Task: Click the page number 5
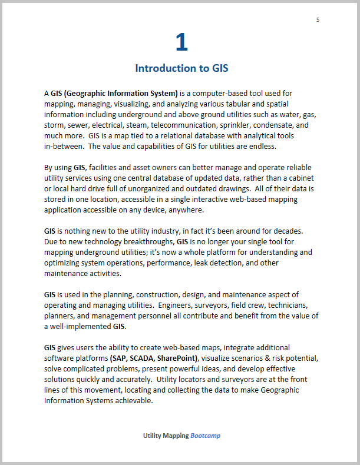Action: [318, 20]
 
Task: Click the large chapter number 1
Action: [181, 42]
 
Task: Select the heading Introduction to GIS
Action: [181, 68]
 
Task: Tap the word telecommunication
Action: [192, 125]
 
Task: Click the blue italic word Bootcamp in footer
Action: [205, 436]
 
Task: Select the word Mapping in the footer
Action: [177, 436]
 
